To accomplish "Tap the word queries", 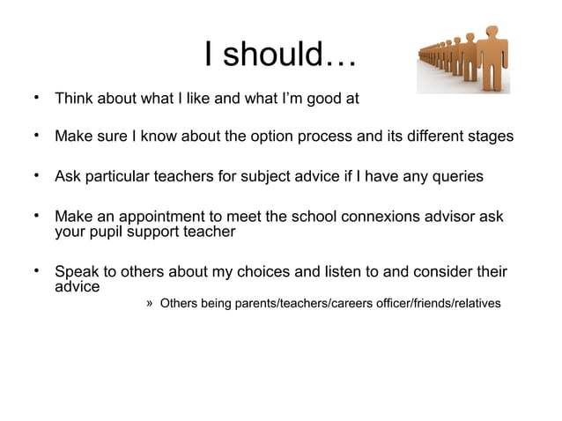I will [454, 176].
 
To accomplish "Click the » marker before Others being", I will [151, 303].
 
